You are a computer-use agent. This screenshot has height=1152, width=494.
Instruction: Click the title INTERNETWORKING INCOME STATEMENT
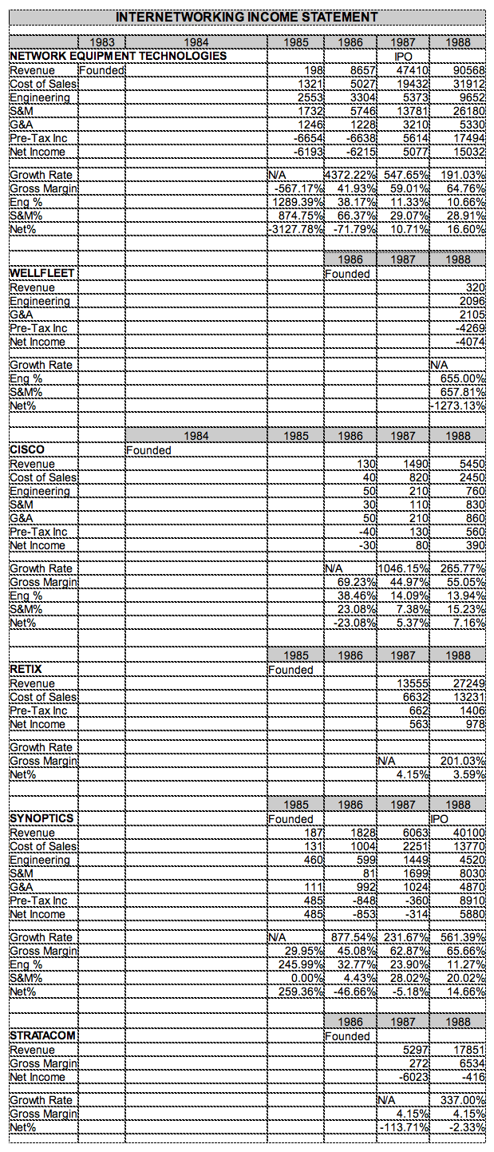tap(247, 17)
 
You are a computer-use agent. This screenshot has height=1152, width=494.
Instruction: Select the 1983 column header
tap(101, 42)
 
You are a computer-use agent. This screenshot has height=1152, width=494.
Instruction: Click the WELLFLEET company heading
tap(42, 273)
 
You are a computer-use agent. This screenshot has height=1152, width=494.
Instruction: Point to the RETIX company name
tap(26, 669)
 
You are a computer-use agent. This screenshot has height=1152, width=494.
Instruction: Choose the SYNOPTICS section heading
tap(41, 818)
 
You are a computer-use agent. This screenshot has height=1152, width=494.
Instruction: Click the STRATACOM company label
tap(43, 1035)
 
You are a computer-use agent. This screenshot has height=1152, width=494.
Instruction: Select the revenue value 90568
tap(468, 70)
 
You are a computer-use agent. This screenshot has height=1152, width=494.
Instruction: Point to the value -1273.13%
tap(459, 406)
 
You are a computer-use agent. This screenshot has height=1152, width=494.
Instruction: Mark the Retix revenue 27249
tap(468, 683)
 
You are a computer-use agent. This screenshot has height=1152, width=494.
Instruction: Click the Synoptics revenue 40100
tap(468, 833)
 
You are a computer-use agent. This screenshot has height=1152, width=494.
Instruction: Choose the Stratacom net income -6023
tap(414, 1077)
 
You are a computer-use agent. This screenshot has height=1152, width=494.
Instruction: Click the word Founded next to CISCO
tap(149, 450)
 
